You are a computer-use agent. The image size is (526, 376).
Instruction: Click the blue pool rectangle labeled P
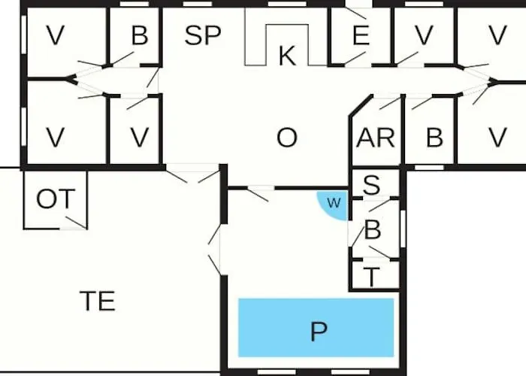point(316,327)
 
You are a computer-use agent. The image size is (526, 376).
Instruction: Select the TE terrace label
point(98,301)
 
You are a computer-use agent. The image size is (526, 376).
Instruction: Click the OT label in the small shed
point(56,199)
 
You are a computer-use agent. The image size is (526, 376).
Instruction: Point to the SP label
point(203,35)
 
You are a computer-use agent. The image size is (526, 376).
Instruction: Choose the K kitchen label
point(288,56)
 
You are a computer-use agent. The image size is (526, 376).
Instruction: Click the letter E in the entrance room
point(361,35)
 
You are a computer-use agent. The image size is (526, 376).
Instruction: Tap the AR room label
point(376,138)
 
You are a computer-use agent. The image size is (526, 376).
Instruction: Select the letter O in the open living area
point(287,138)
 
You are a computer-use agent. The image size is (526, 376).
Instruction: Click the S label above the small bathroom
point(372,185)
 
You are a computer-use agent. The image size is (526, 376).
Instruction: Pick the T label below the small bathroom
point(372,277)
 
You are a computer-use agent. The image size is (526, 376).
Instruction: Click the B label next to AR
point(434,138)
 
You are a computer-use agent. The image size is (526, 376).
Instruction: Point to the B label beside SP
point(140,35)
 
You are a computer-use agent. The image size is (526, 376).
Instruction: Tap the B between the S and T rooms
point(373,230)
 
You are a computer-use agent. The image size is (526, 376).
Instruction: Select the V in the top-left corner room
point(56,35)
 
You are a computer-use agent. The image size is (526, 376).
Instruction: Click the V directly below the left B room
point(140,138)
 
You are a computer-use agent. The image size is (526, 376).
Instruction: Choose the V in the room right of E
point(424,35)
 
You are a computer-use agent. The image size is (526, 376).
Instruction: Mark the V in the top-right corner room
point(497,35)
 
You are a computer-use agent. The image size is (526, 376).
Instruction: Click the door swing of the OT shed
point(76,223)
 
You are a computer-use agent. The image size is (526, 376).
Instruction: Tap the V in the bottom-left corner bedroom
point(56,138)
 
